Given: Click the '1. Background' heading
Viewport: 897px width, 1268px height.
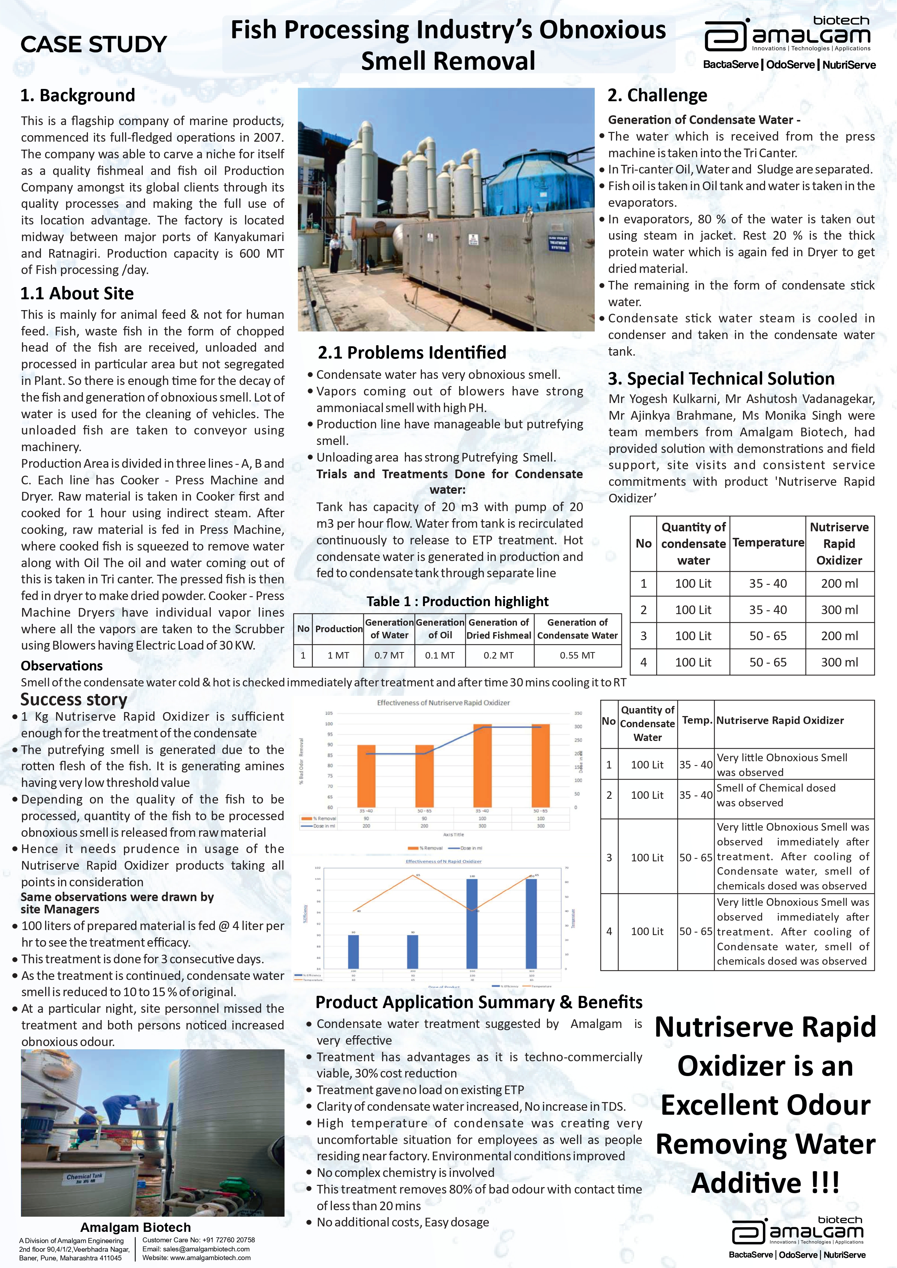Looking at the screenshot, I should click(x=77, y=95).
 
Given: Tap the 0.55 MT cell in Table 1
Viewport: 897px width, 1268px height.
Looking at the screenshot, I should click(x=577, y=656).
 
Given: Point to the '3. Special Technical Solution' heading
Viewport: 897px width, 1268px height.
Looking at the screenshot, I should click(x=721, y=379).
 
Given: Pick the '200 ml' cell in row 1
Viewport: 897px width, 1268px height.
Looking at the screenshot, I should click(x=839, y=584).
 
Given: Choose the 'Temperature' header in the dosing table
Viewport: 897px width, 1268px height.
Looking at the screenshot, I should click(x=768, y=543).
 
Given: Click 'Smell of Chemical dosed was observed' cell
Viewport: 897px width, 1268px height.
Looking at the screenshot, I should click(x=776, y=795).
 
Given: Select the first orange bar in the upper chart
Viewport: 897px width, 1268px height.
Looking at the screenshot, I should click(x=366, y=776).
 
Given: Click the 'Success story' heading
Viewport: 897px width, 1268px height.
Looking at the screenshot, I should click(x=74, y=700).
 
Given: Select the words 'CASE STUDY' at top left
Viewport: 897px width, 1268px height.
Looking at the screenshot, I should click(x=94, y=44).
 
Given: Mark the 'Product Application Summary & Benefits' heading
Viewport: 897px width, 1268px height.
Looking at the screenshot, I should click(x=479, y=1002).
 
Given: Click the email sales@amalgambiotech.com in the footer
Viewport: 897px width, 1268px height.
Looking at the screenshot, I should click(x=196, y=1249).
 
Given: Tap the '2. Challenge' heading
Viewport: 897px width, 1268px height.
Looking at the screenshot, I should click(x=657, y=95).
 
